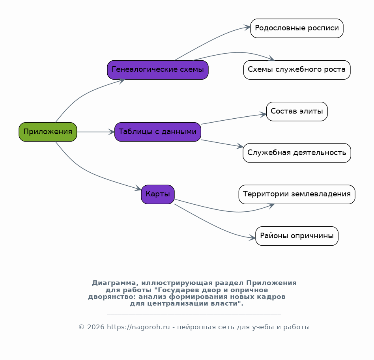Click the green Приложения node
[48, 132]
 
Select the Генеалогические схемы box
[158, 70]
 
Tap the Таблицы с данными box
[158, 132]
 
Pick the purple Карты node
[158, 194]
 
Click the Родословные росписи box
[297, 28]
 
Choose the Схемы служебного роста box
[297, 70]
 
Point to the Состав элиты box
[297, 111]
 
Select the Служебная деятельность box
[297, 153]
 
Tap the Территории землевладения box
[297, 194]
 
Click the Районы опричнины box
[297, 236]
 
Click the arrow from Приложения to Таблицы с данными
[96, 132]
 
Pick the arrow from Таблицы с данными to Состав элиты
[234, 119]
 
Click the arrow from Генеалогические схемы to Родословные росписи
[212, 40]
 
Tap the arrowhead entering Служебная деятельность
[240, 146]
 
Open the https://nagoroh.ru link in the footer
[138, 327]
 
